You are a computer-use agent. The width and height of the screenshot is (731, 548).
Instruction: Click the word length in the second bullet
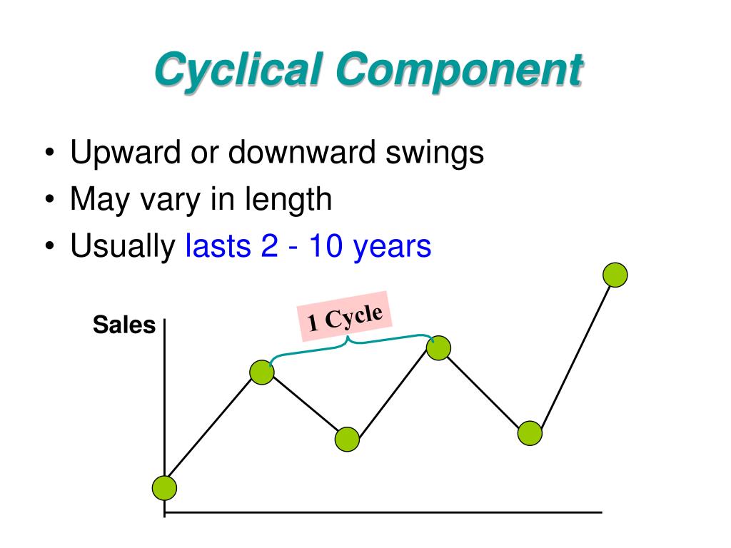click(x=291, y=200)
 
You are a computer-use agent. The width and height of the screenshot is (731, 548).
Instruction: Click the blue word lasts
click(x=213, y=246)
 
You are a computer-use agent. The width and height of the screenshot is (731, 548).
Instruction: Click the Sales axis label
click(x=124, y=325)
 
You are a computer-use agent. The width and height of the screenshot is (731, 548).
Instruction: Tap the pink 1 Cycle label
click(x=345, y=316)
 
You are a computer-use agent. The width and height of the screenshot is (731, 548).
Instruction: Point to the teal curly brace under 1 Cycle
click(x=350, y=342)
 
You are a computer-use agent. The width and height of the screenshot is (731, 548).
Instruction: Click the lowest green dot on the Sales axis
click(x=164, y=488)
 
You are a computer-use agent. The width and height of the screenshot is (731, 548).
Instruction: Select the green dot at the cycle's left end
click(x=262, y=372)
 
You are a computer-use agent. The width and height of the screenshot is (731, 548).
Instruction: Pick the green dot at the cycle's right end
click(x=439, y=348)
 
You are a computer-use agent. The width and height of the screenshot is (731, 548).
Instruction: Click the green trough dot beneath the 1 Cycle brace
click(x=347, y=440)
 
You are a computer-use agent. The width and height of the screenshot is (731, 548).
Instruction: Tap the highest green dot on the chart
click(x=615, y=275)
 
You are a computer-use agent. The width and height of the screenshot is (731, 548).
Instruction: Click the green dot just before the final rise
click(x=530, y=433)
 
